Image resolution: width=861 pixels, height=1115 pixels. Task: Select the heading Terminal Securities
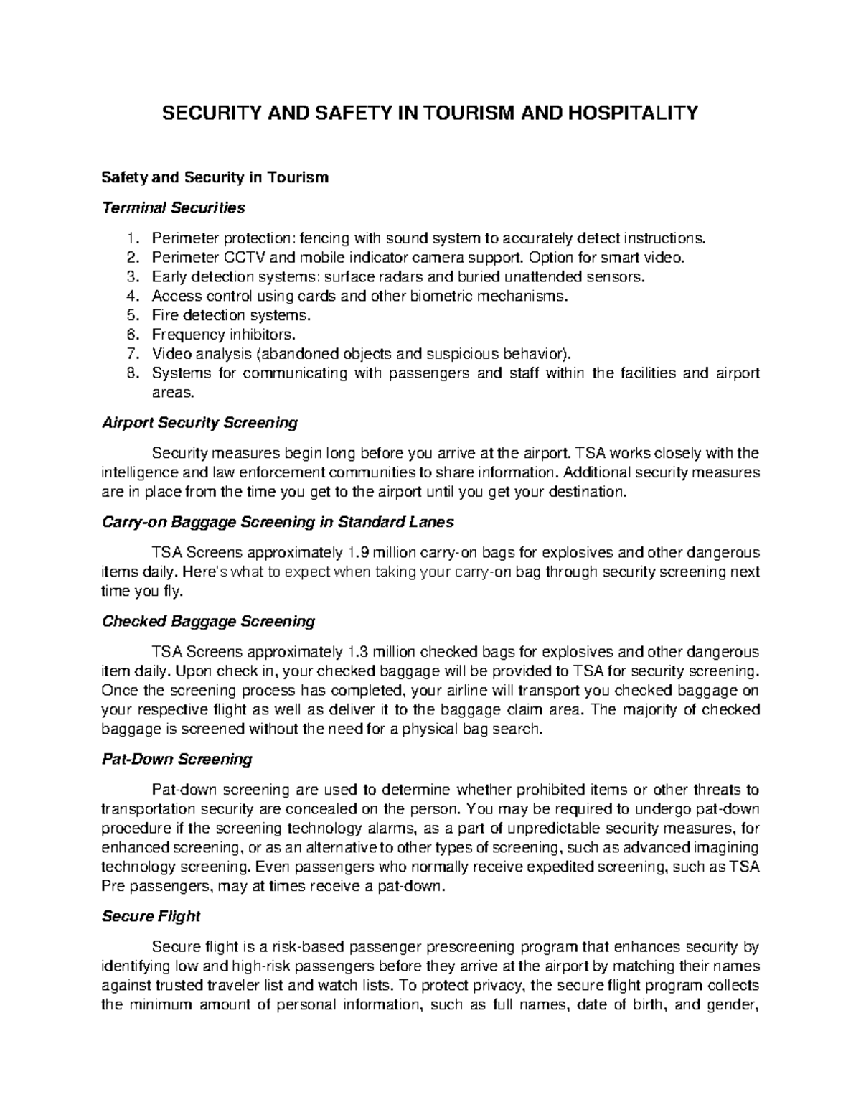coord(174,208)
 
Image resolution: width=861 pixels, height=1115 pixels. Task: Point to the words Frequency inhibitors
coord(222,335)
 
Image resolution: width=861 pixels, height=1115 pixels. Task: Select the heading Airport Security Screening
coord(199,423)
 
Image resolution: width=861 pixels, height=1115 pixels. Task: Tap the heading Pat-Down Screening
coord(177,759)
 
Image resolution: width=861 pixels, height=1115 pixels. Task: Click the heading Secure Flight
coord(151,917)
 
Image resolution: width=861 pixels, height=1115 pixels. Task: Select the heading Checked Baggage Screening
coord(208,621)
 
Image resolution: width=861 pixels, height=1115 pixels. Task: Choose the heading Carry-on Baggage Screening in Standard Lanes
coord(278,522)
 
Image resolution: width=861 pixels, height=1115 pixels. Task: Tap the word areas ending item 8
coord(172,393)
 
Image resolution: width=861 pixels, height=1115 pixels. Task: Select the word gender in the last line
coord(733,1005)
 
